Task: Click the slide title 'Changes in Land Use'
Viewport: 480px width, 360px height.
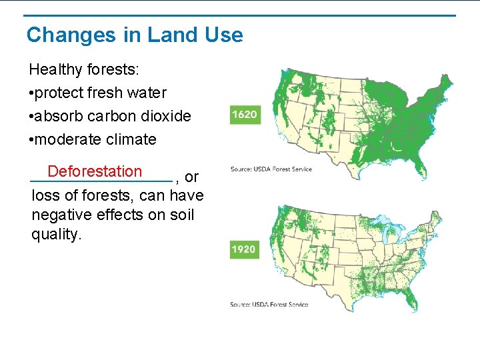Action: [135, 35]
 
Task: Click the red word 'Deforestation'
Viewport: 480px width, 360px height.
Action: [95, 171]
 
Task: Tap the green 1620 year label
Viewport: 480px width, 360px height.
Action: [244, 115]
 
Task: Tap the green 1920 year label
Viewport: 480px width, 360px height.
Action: [244, 249]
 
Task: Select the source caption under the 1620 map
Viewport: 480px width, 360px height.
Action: [271, 169]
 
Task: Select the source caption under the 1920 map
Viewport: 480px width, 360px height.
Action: [269, 304]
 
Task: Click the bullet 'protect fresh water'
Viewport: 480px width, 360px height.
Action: [97, 93]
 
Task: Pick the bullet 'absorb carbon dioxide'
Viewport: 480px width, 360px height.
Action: [110, 116]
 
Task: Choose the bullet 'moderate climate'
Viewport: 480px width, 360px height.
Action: [93, 139]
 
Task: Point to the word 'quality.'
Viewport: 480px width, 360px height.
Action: [56, 235]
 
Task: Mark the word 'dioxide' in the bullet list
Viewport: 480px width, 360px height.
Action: [166, 116]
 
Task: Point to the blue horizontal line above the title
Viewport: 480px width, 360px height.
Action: [240, 15]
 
